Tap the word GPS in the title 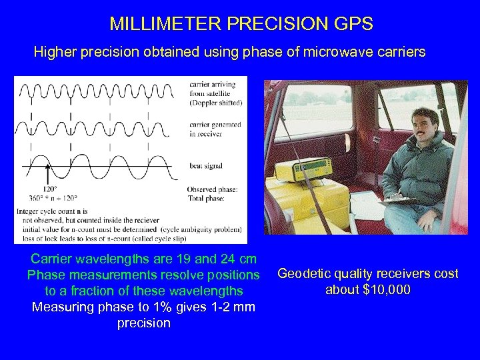354,25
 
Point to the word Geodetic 303,274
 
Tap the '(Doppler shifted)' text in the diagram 215,103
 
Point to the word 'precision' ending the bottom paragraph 143,323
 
